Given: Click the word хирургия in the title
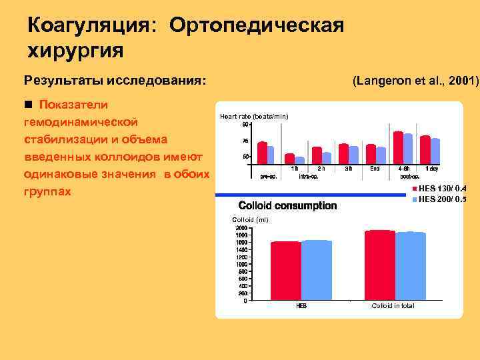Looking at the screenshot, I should [x=75, y=50].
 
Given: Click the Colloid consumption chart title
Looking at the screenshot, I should [x=287, y=206].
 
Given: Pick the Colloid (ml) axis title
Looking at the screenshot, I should [x=249, y=220].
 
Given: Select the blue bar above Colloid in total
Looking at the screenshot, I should [x=410, y=265].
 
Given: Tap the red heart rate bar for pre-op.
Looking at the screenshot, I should [x=262, y=153].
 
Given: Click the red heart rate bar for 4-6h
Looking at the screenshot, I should [x=399, y=147].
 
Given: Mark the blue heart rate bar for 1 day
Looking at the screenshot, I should [x=435, y=151].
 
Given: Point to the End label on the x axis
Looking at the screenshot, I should [x=375, y=169].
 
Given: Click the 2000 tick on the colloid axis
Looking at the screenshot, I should [x=241, y=228].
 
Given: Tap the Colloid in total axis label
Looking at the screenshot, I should [x=393, y=306].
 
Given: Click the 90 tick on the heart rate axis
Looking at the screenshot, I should [x=245, y=125].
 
